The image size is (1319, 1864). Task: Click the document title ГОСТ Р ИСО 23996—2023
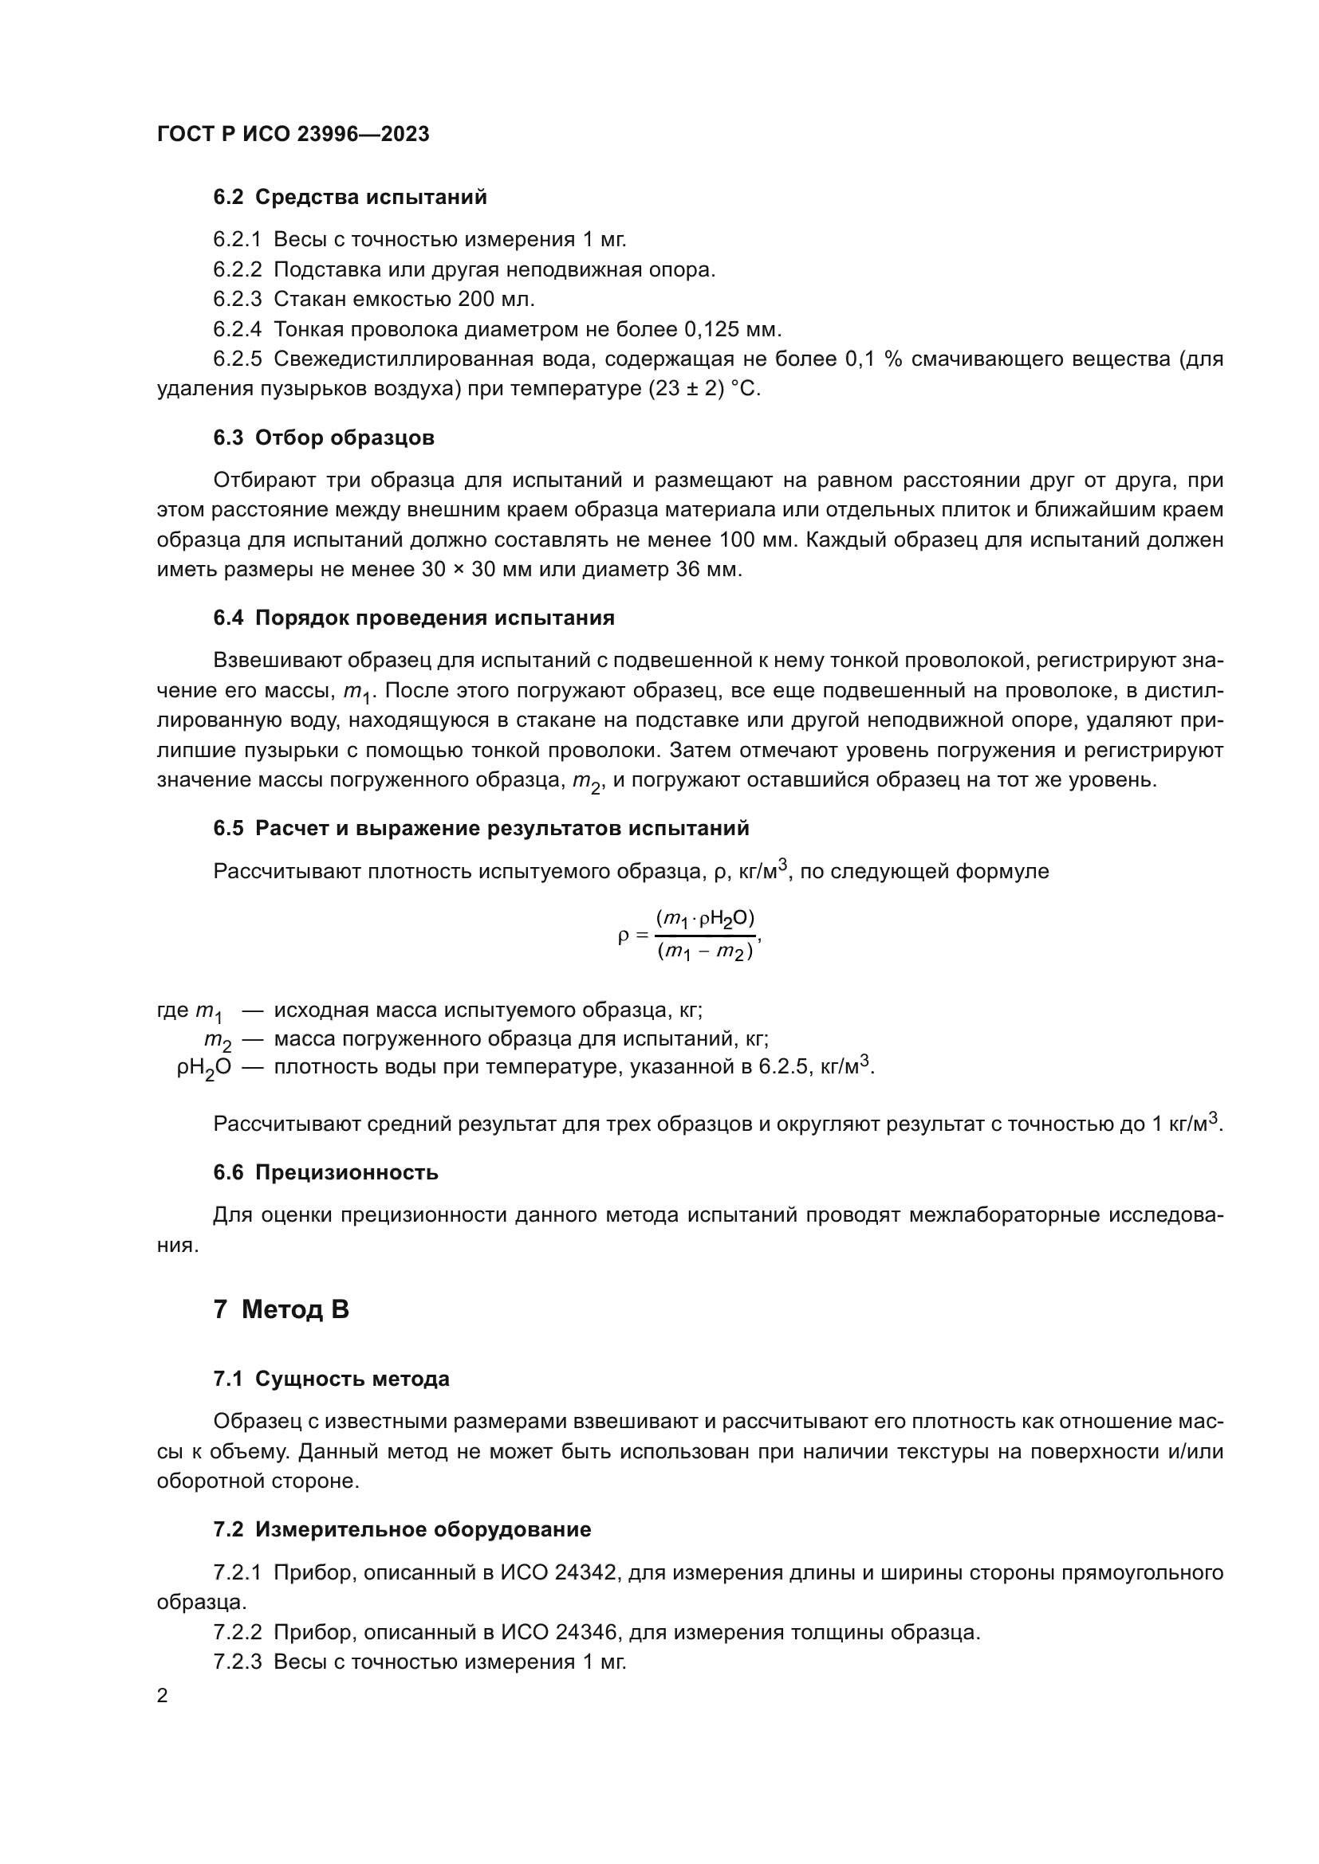click(x=293, y=134)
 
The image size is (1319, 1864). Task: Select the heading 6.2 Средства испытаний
click(x=350, y=197)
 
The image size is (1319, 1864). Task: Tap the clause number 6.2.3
click(x=237, y=299)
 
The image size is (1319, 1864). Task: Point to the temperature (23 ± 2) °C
click(x=704, y=389)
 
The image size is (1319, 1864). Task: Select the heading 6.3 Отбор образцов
click(x=324, y=438)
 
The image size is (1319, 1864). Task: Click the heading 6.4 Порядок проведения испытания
click(x=414, y=618)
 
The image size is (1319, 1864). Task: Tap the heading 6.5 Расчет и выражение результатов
click(x=481, y=828)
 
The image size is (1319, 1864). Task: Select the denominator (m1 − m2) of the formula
click(x=705, y=952)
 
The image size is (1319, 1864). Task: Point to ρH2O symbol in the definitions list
click(x=204, y=1069)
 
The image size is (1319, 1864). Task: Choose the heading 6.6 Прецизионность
click(x=325, y=1172)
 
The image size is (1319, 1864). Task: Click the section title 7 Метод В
click(x=281, y=1309)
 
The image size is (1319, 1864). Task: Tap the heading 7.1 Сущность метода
click(x=332, y=1379)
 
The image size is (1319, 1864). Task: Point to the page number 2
click(x=163, y=1696)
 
